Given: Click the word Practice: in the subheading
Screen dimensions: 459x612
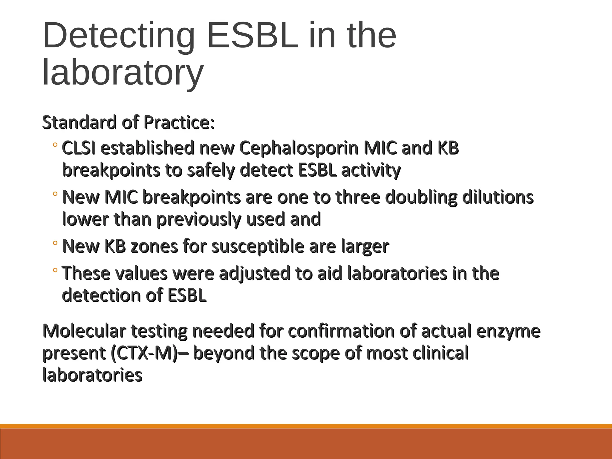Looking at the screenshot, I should click(x=179, y=123).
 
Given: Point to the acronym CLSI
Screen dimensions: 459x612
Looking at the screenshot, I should click(x=79, y=148).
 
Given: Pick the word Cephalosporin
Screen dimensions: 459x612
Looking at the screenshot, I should click(x=299, y=148).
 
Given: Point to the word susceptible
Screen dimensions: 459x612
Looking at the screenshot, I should click(x=258, y=247).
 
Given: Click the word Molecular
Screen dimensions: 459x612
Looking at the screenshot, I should click(x=85, y=331).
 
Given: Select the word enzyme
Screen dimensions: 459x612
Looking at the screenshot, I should click(x=508, y=331).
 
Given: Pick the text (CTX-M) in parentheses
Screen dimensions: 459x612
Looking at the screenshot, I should click(x=144, y=353).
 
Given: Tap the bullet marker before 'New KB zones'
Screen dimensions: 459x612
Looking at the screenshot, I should click(x=55, y=243).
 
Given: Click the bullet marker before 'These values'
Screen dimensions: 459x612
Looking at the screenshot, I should click(x=55, y=270).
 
